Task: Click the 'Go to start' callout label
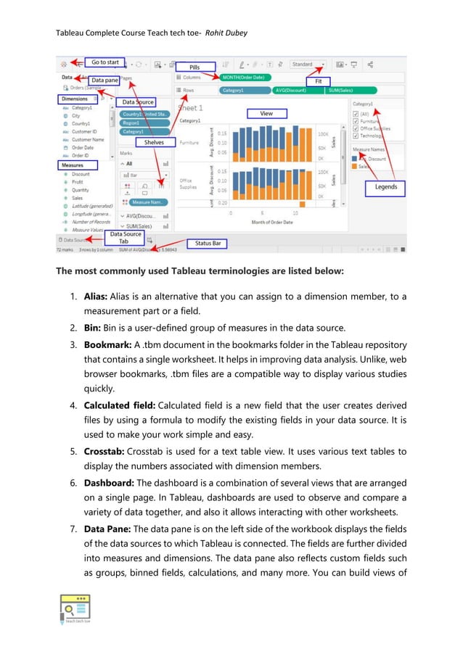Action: coord(106,62)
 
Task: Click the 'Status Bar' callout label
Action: coord(208,243)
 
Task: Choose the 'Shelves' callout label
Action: coord(154,143)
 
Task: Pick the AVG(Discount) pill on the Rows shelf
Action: coord(295,91)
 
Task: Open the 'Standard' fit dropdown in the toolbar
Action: coord(308,65)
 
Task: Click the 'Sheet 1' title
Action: coord(190,107)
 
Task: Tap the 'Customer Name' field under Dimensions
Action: coord(88,139)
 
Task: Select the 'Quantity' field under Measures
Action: coord(81,190)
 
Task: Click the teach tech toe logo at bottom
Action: coord(73,610)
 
